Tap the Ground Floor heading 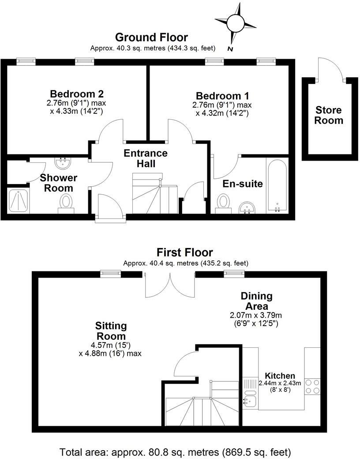[151, 38]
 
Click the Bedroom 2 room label [77, 94]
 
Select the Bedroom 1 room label [222, 96]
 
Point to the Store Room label [329, 115]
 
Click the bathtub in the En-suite [277, 186]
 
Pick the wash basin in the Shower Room [64, 163]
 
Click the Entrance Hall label [146, 158]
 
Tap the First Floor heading [185, 252]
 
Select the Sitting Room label [111, 331]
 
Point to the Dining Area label [256, 301]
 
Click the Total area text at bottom [175, 452]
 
